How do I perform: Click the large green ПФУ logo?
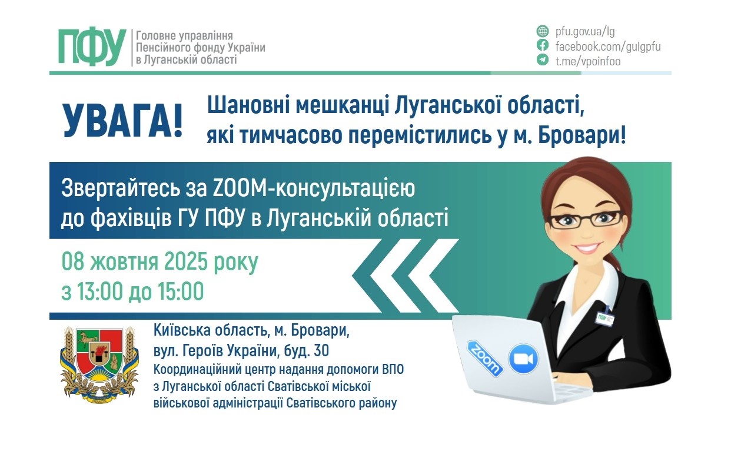tap(92, 47)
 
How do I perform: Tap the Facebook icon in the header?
tap(543, 46)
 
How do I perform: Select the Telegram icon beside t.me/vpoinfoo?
tap(543, 60)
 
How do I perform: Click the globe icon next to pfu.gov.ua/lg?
tap(543, 31)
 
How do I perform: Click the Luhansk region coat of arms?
tap(99, 361)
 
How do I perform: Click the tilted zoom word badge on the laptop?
tap(485, 357)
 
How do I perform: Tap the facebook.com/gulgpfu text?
tap(608, 46)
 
